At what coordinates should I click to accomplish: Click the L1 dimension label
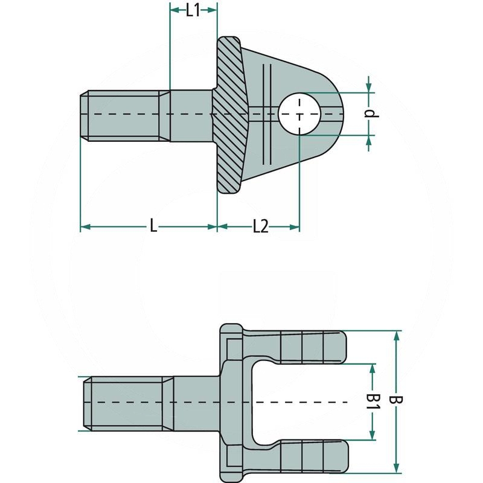(193, 10)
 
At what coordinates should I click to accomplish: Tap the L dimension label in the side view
(153, 226)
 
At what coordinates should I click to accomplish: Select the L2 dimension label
(260, 226)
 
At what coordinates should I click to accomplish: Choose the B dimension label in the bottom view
(397, 401)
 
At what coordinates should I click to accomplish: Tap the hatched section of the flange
(229, 115)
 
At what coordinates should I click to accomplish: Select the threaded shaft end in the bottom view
(127, 402)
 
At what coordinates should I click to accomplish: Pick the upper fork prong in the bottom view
(308, 347)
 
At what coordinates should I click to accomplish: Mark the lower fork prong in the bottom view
(308, 456)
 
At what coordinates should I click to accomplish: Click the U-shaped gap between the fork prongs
(302, 401)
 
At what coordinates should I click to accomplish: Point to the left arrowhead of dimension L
(85, 226)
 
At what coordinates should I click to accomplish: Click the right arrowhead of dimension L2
(295, 226)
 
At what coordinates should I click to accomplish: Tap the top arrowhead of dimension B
(397, 335)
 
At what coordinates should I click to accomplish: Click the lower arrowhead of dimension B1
(374, 435)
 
